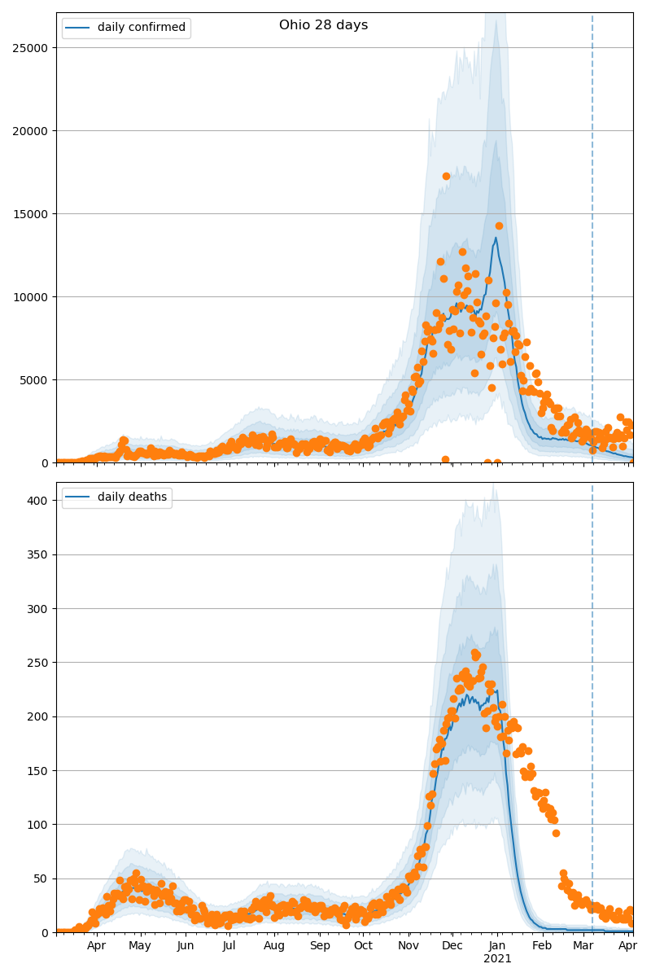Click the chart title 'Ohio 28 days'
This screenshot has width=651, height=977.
click(323, 25)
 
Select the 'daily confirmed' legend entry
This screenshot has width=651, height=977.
click(141, 28)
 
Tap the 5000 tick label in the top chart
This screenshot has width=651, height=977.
click(35, 380)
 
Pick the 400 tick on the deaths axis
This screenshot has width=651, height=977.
click(38, 501)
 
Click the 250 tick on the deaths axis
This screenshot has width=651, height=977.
click(38, 663)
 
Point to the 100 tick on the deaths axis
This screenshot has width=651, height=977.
click(38, 825)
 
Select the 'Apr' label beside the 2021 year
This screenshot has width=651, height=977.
click(627, 946)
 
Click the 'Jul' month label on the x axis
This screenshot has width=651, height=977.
click(229, 946)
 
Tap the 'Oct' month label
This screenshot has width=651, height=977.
click(363, 946)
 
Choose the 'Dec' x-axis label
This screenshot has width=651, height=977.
click(452, 946)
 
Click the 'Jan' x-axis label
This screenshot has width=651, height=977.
click(497, 946)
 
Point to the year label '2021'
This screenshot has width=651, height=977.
click(497, 959)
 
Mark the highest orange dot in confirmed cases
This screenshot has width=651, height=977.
click(446, 176)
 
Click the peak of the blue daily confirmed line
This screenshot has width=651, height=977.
click(496, 239)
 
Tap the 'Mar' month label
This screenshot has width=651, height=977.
click(583, 946)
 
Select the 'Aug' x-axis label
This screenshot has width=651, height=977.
click(274, 946)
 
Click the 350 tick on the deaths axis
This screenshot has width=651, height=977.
click(38, 554)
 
